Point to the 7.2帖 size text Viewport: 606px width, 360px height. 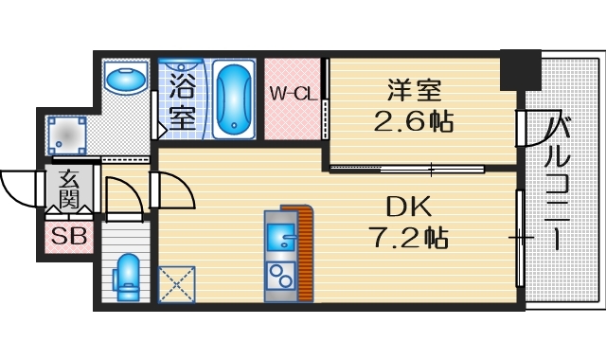click(x=409, y=237)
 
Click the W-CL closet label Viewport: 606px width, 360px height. click(x=292, y=94)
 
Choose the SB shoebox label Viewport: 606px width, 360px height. click(x=68, y=236)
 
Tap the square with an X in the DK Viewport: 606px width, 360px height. click(x=176, y=282)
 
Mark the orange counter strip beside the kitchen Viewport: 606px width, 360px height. click(x=304, y=252)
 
